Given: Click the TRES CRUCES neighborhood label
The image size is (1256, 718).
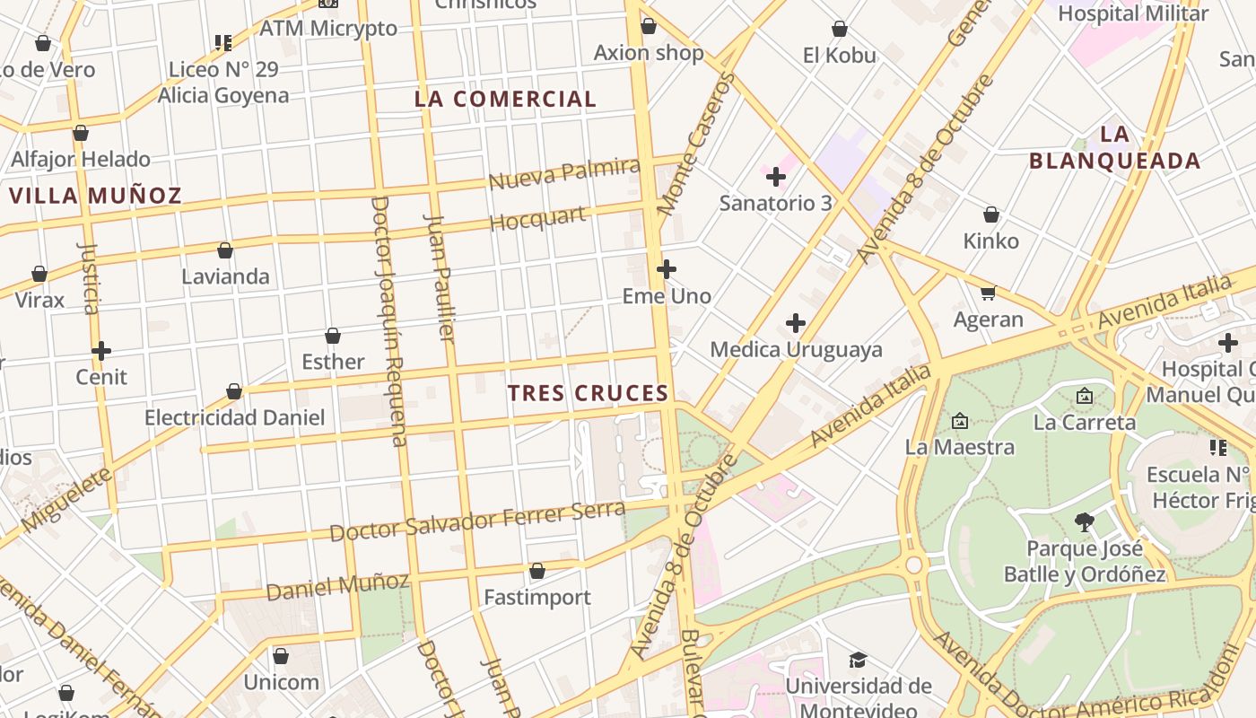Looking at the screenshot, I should (x=588, y=393).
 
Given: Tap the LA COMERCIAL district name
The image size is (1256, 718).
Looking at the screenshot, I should (x=505, y=100).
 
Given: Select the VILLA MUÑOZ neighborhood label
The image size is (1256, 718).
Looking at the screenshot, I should (x=95, y=196).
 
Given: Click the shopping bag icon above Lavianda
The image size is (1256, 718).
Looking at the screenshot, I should (x=225, y=250).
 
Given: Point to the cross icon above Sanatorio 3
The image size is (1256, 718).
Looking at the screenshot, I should (x=776, y=177).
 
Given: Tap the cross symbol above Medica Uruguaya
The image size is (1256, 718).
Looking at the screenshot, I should (x=796, y=323).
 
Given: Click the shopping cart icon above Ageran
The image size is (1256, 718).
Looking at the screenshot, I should (x=989, y=293).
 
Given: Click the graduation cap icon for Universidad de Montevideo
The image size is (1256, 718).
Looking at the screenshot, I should (x=858, y=661).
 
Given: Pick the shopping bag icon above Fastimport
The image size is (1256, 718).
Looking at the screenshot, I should (x=537, y=571).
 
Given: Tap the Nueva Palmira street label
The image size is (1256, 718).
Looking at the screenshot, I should (x=564, y=173).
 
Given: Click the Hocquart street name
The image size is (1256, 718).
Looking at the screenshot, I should (x=538, y=219).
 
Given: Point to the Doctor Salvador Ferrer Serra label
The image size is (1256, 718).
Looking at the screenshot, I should (x=476, y=521).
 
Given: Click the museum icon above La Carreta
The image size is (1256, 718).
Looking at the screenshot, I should (x=1085, y=396).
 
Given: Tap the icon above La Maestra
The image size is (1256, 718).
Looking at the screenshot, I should (x=960, y=421).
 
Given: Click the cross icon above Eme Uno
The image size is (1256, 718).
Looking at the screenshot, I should (x=667, y=269).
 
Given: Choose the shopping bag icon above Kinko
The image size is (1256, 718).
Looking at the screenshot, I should (x=991, y=215).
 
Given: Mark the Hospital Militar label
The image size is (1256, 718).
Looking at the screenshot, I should (x=1133, y=13).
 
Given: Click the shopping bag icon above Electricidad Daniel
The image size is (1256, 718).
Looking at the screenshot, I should (x=234, y=391).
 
